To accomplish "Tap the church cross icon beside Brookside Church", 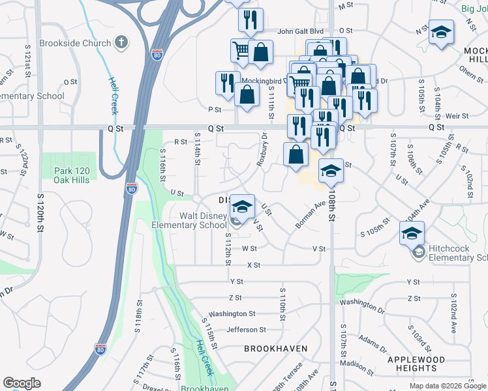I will [120, 43].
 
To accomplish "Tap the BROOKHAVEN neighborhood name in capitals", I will [275, 349].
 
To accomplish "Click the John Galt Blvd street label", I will [300, 31].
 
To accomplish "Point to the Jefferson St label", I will [246, 330].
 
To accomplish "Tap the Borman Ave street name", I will [311, 214].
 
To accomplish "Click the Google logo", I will [22, 383].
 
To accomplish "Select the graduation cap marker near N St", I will [441, 33].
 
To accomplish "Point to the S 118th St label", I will [139, 313].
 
